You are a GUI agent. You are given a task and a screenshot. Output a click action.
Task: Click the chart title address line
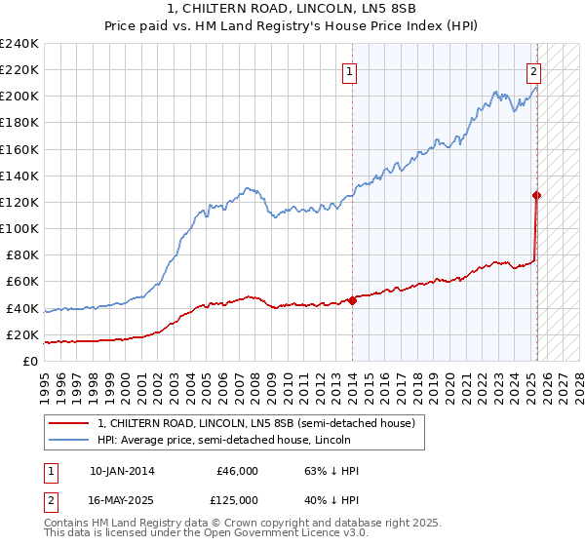[x=292, y=9]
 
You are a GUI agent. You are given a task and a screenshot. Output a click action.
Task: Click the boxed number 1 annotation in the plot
[x=350, y=70]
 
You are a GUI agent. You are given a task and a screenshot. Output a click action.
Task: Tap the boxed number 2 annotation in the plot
[x=534, y=70]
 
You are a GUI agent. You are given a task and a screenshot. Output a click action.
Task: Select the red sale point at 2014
[x=352, y=300]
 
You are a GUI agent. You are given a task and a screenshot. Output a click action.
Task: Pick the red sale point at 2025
[x=537, y=195]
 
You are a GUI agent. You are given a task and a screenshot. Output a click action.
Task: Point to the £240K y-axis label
[x=19, y=44]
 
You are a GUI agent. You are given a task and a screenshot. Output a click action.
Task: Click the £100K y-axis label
[x=19, y=228]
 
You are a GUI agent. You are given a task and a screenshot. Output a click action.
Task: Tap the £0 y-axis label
[x=31, y=361]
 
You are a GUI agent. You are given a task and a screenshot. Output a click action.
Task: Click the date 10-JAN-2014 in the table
[x=121, y=471]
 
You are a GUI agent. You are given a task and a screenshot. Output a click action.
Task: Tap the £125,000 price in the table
[x=237, y=499]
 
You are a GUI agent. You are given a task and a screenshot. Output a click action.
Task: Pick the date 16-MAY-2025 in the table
[x=121, y=499]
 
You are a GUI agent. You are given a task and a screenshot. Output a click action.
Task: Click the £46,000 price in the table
[x=237, y=471]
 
